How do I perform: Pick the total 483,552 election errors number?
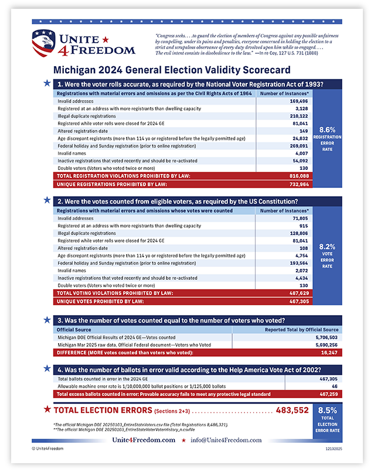coord(288,411)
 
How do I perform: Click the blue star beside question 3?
coord(46,320)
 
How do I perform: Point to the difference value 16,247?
coord(329,354)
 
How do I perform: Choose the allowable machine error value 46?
coord(334,387)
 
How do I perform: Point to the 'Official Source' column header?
coord(74,330)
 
